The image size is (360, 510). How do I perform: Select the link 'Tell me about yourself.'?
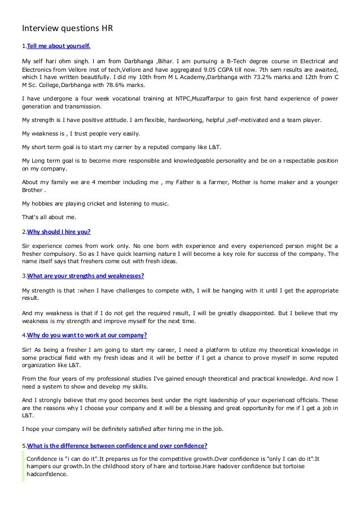click(x=59, y=45)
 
